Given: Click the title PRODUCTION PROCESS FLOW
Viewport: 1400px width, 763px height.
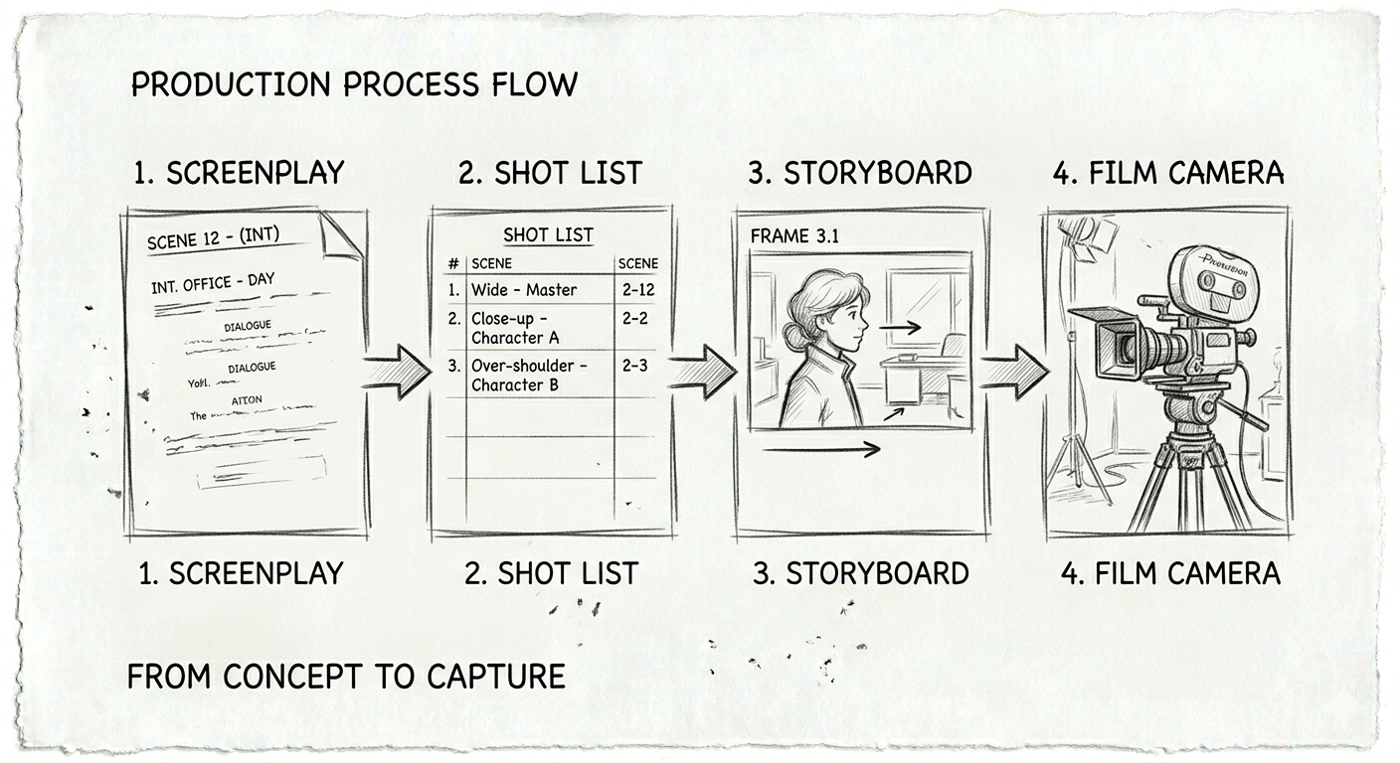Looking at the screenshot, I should coord(354,84).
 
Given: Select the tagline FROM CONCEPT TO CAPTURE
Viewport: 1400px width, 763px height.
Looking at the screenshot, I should coord(346,677).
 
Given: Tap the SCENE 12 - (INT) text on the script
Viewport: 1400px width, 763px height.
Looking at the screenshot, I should coord(213,238).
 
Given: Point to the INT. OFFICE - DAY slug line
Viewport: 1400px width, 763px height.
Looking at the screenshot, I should coord(212,283).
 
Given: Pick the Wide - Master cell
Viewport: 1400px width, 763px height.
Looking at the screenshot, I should coord(524,290).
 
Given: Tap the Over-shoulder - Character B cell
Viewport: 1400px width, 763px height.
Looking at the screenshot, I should coord(528,376).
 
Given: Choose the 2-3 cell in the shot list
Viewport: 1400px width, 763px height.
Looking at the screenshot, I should coord(634,366).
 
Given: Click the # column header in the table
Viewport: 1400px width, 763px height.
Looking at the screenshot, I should coord(453,263).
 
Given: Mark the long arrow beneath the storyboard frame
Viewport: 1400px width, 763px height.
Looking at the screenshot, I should coord(821,450).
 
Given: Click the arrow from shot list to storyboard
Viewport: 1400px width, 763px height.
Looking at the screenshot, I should coord(703,372).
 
